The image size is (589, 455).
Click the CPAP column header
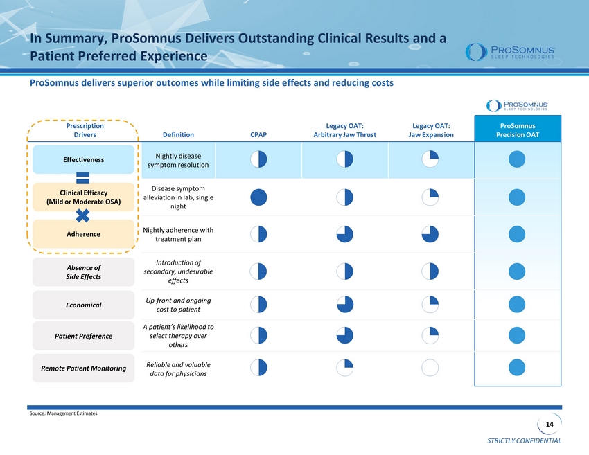[258, 135]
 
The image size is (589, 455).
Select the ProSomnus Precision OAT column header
[518, 130]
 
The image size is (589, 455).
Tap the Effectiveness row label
[83, 159]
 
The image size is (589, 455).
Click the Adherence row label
[83, 234]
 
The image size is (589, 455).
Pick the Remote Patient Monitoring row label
[83, 368]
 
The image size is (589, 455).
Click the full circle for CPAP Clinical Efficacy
[259, 197]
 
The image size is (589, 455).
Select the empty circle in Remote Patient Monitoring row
[430, 368]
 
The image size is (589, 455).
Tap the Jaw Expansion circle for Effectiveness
[430, 159]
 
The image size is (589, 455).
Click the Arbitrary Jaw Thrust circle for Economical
[345, 305]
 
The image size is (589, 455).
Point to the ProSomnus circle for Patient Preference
[517, 335]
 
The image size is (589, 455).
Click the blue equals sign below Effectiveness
[82, 178]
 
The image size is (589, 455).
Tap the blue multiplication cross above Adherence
[82, 216]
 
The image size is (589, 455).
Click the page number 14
[550, 425]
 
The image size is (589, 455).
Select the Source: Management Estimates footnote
[64, 413]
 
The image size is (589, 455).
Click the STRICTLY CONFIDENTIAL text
[524, 440]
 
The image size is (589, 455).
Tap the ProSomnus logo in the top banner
[510, 52]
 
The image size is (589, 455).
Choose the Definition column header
[178, 135]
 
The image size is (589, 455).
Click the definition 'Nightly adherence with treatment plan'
[178, 235]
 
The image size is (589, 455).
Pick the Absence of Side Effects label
[83, 272]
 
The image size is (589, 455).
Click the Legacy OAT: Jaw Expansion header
[431, 130]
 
